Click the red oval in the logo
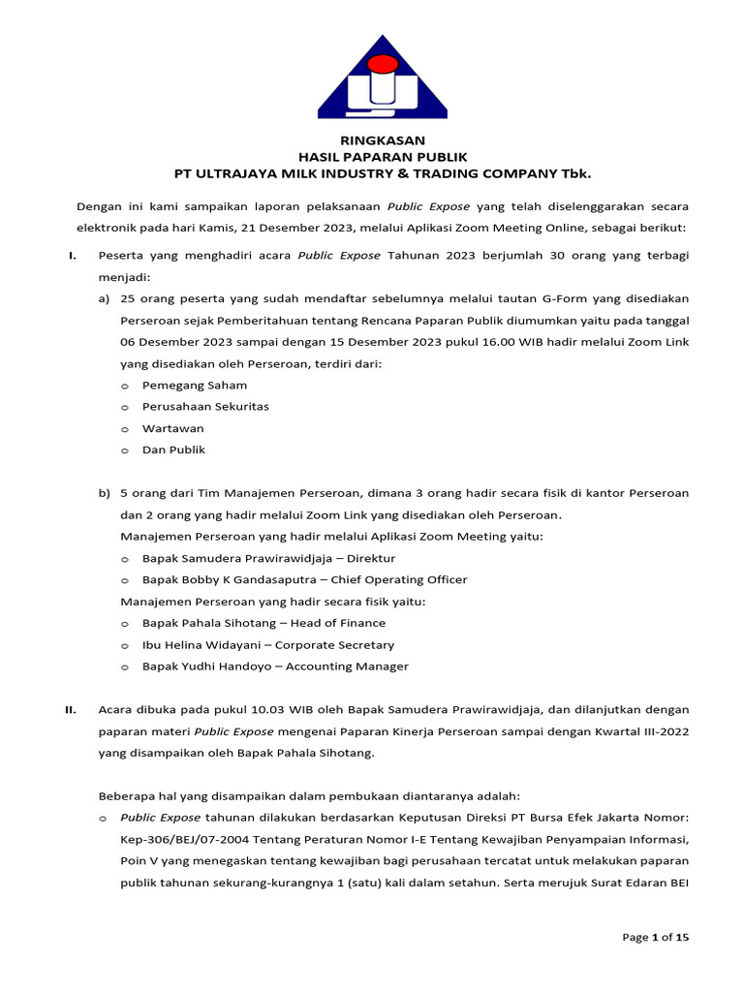[382, 66]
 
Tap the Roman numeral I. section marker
[72, 255]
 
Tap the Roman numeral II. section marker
[71, 709]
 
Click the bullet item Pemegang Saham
[195, 385]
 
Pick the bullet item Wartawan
[173, 428]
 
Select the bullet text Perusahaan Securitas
[205, 406]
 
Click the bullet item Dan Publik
[174, 449]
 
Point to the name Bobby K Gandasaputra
[249, 579]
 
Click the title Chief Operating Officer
[399, 579]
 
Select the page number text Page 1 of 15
[656, 937]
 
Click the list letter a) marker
[104, 298]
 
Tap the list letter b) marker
[104, 493]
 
